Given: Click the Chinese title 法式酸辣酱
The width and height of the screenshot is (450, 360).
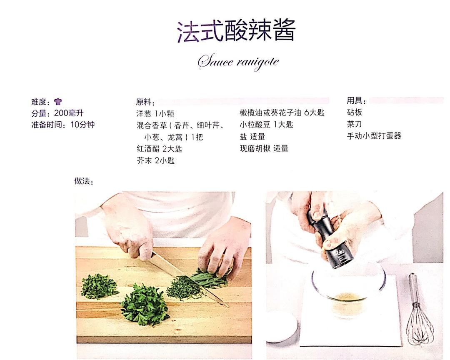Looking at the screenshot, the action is (236, 31).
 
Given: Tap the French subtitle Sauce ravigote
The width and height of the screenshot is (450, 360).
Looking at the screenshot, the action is (238, 62).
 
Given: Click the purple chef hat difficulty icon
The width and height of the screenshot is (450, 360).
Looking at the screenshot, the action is (58, 101).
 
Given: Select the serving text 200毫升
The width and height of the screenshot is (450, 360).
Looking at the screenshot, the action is (69, 113).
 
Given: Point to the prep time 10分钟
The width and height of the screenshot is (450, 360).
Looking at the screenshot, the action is (82, 125).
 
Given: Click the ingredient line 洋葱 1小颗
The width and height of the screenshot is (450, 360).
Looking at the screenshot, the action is (155, 114).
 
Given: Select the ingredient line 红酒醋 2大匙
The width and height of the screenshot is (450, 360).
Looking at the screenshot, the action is (159, 149).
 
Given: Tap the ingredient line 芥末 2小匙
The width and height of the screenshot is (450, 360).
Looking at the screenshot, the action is (155, 160).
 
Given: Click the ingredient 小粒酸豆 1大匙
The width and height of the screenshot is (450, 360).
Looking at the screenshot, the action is (266, 125).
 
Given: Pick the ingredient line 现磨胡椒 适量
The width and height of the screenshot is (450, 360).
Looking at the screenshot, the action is (264, 148).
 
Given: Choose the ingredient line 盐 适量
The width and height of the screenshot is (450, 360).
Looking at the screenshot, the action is (252, 137).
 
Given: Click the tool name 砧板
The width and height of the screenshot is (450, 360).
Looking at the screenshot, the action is (355, 112).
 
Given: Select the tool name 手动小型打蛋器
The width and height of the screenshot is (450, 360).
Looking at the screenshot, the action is (374, 136).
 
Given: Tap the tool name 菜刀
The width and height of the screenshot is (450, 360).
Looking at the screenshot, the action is (355, 124).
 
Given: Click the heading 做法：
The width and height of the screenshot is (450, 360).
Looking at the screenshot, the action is (84, 181).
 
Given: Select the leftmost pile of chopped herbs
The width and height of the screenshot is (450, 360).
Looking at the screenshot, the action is (99, 286).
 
